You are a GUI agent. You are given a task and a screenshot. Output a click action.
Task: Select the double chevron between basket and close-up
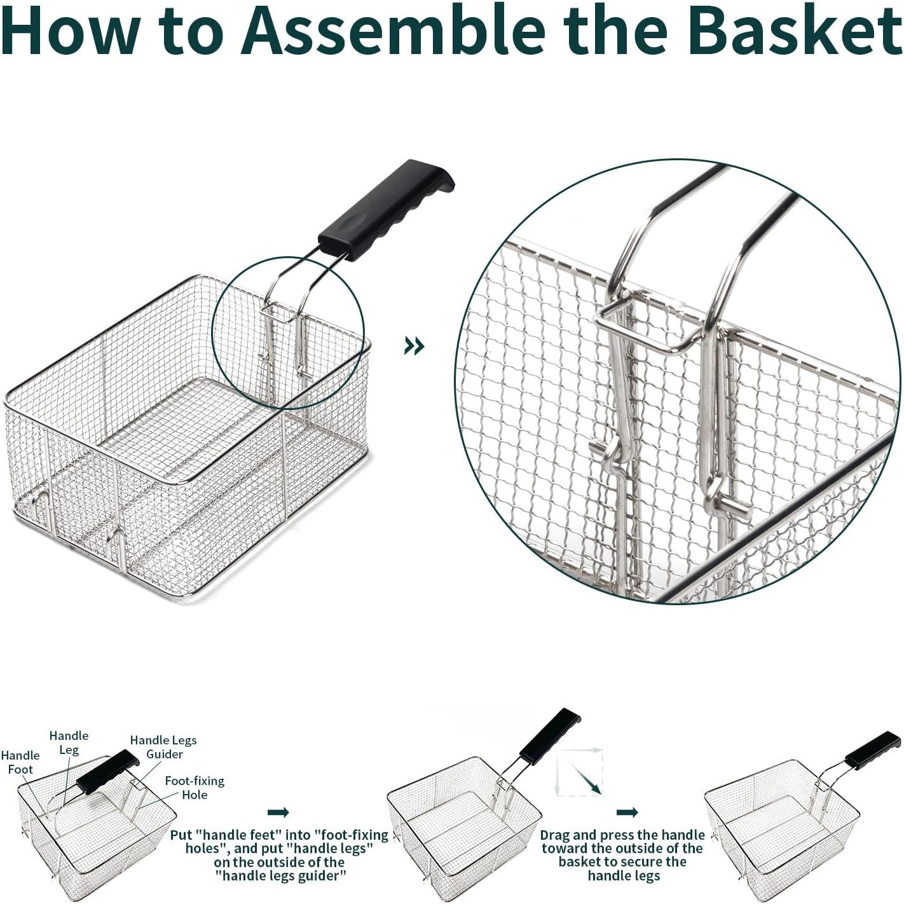[414, 346]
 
